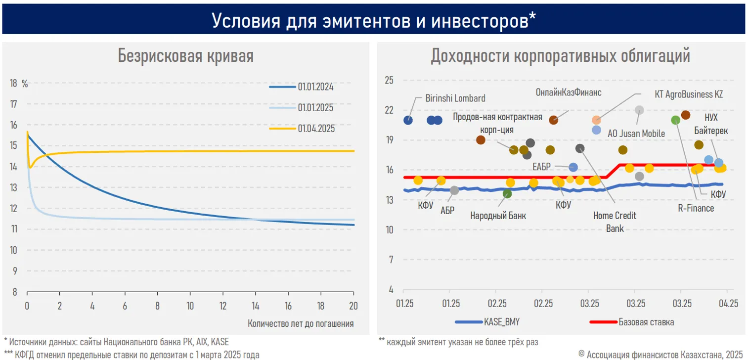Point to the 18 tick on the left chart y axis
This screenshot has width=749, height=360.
point(14,84)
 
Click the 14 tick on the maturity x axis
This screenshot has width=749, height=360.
point(256,305)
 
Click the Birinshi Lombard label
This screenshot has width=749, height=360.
point(455,98)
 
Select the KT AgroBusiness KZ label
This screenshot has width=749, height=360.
point(689,94)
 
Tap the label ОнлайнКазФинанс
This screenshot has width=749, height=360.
point(568,92)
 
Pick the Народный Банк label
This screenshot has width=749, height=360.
point(498,216)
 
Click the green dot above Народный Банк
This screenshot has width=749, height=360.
point(507,193)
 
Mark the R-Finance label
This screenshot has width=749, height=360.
point(696,208)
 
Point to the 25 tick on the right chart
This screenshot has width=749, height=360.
point(388,80)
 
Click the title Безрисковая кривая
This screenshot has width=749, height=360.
point(185,56)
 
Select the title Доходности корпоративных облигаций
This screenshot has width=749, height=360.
point(560,56)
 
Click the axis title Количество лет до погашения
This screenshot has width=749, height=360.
point(301,324)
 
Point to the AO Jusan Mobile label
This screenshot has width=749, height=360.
point(636,134)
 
